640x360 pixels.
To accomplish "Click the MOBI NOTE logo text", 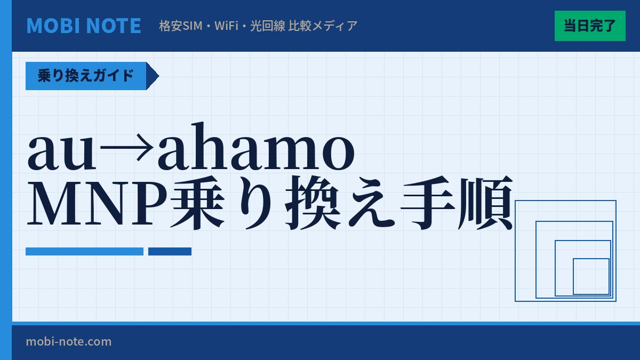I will (84, 26).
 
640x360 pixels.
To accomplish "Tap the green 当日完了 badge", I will (590, 26).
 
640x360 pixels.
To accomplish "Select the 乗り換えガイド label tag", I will (86, 76).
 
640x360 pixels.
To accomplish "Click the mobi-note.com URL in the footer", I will (69, 341).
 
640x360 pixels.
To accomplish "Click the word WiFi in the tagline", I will (227, 26).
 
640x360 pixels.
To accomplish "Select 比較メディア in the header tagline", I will (323, 26).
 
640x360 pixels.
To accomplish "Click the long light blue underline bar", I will (84, 251).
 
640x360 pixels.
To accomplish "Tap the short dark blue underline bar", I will (170, 251).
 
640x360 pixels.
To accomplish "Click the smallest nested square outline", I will (591, 276).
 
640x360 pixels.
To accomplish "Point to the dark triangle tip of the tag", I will (153, 76).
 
